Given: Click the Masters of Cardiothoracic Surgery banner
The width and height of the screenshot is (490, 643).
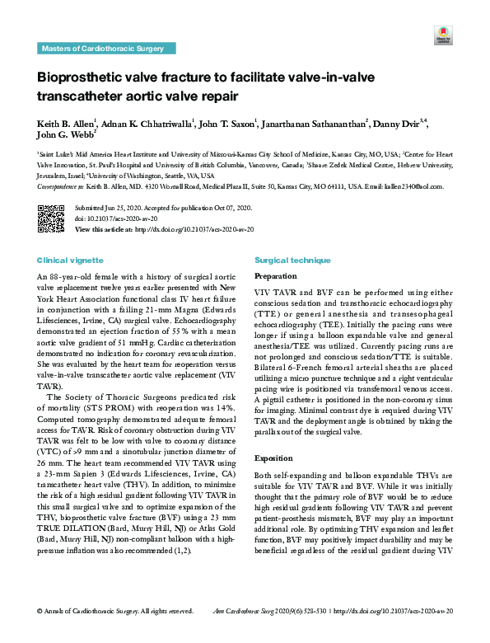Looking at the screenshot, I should click(103, 49).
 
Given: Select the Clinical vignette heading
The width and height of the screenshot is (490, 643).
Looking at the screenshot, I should click(69, 260).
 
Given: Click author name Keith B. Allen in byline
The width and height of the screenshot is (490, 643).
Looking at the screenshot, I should click(67, 124).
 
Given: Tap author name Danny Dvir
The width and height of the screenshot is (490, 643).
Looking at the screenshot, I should click(399, 124).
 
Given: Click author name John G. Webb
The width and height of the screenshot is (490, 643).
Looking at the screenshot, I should click(67, 136).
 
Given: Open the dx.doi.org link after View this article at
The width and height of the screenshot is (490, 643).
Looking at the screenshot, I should click(194, 228).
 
